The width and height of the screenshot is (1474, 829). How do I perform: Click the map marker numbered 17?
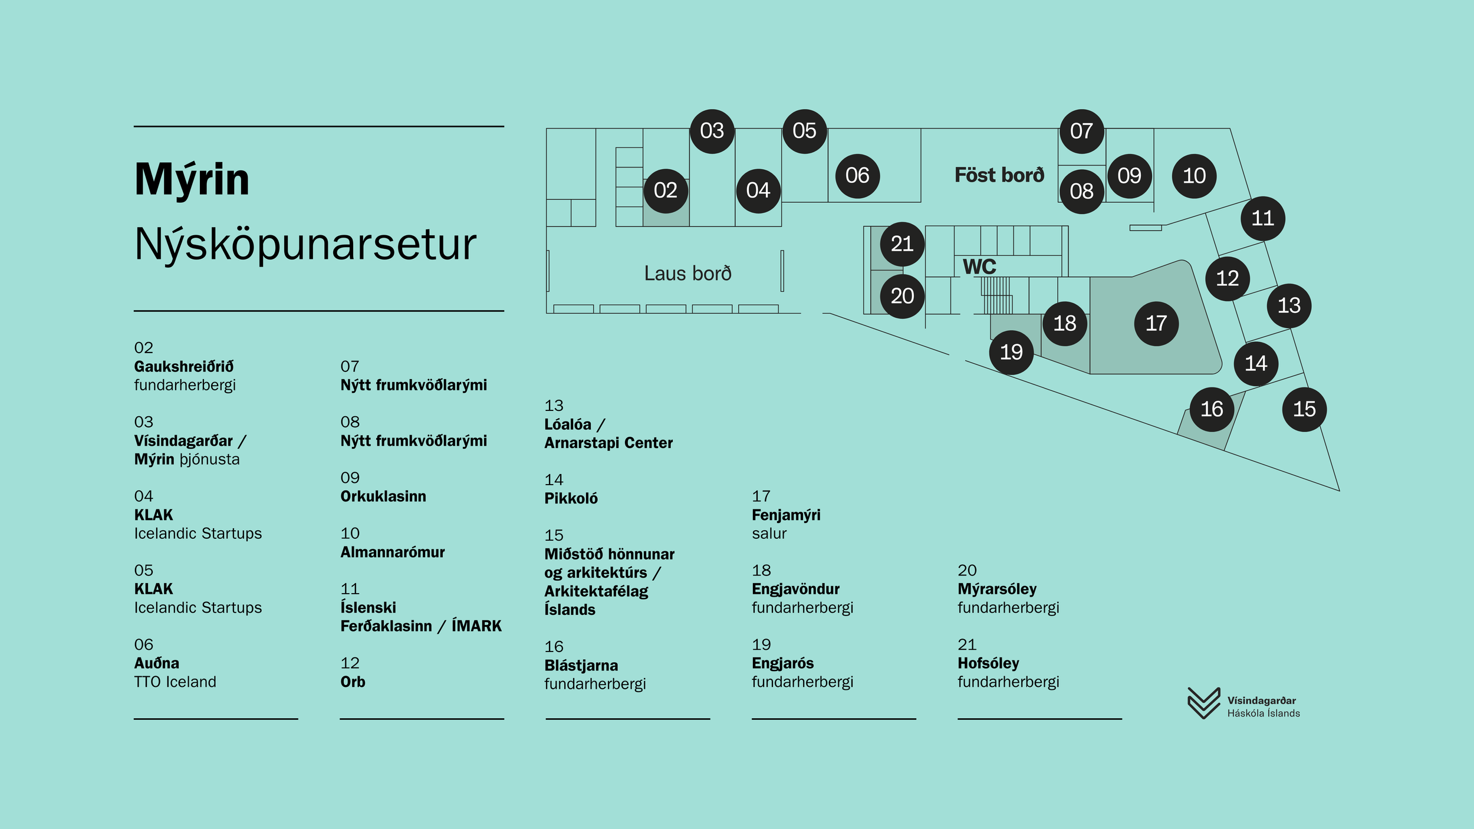pyautogui.click(x=1156, y=323)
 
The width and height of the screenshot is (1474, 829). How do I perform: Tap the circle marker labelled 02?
pyautogui.click(x=666, y=190)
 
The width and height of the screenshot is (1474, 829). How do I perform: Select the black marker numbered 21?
pyautogui.click(x=902, y=244)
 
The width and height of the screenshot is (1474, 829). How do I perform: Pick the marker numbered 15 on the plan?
pyautogui.click(x=1304, y=409)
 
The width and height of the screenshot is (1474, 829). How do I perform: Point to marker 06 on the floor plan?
pyautogui.click(x=857, y=176)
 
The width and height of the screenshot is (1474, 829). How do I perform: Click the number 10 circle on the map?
pyautogui.click(x=1194, y=176)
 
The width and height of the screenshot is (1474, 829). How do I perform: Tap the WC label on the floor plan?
pyautogui.click(x=979, y=267)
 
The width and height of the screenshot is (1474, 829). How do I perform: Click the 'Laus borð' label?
pyautogui.click(x=687, y=274)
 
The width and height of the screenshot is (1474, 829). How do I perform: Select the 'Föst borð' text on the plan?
pyautogui.click(x=999, y=175)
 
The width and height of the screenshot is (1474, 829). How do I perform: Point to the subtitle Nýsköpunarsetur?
pyautogui.click(x=305, y=244)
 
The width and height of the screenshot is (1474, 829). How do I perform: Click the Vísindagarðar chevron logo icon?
pyautogui.click(x=1203, y=703)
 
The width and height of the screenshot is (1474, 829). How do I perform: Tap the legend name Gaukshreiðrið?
pyautogui.click(x=183, y=366)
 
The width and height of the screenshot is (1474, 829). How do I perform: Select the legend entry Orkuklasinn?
pyautogui.click(x=383, y=496)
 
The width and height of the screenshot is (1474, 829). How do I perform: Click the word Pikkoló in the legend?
pyautogui.click(x=571, y=499)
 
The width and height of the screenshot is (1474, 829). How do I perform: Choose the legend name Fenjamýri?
pyautogui.click(x=786, y=515)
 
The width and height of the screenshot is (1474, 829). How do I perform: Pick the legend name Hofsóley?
pyautogui.click(x=988, y=663)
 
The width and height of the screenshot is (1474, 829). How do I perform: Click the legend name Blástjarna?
pyautogui.click(x=581, y=666)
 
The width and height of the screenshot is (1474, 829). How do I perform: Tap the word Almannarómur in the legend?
pyautogui.click(x=392, y=552)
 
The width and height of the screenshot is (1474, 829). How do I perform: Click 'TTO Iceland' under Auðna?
pyautogui.click(x=175, y=682)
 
